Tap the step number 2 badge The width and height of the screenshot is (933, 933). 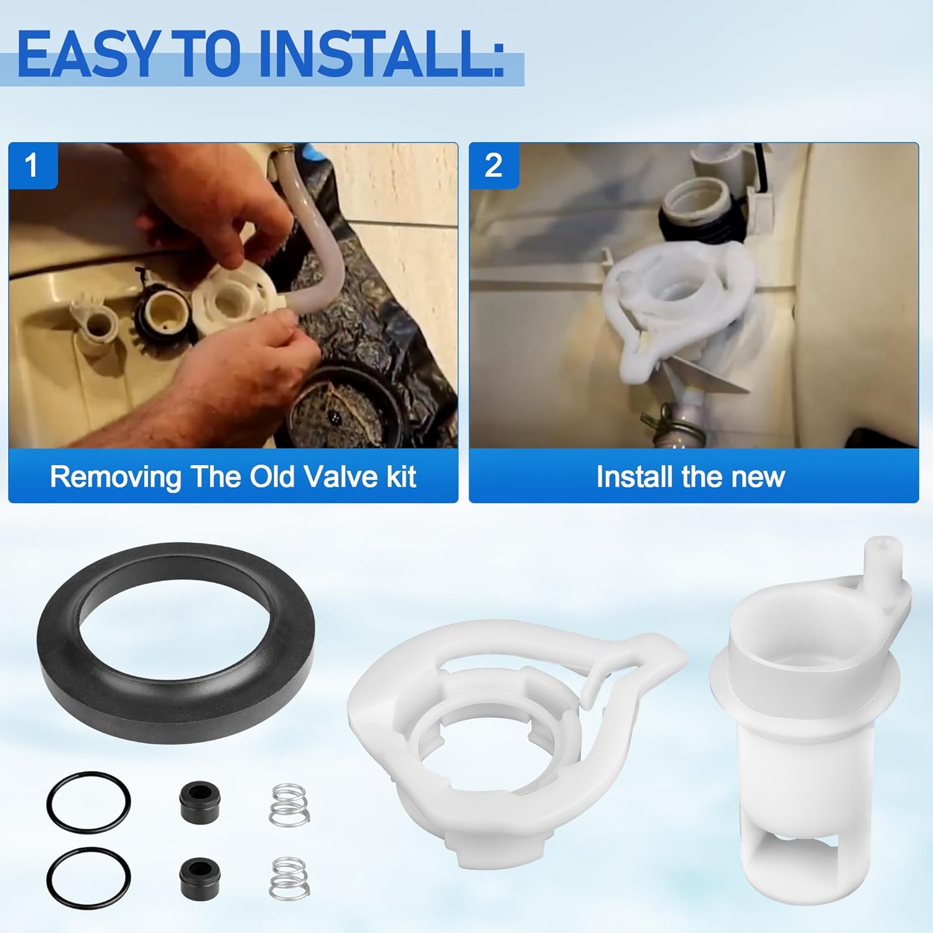[x=493, y=165]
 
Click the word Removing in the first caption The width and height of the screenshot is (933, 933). [x=115, y=477]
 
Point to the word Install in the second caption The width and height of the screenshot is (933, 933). [x=634, y=477]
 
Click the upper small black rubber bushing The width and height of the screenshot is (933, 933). [x=199, y=799]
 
